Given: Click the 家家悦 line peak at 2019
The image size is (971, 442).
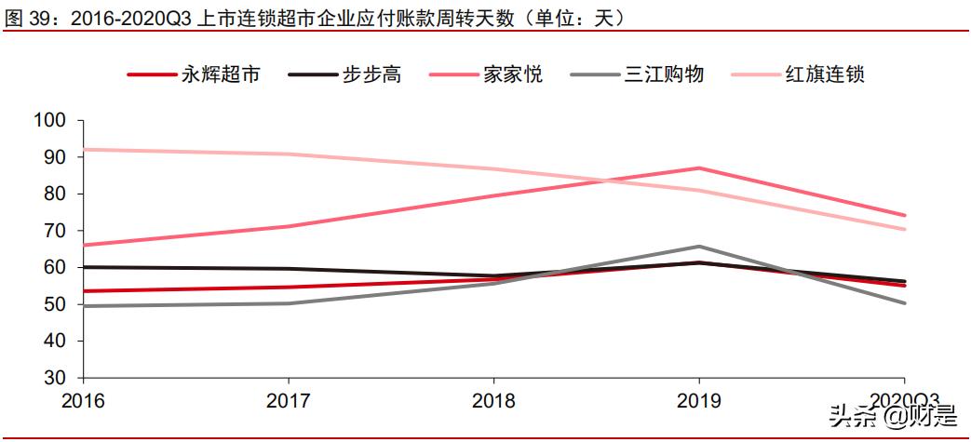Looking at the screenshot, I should click(699, 168).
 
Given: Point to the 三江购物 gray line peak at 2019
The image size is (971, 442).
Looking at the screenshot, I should click(699, 247).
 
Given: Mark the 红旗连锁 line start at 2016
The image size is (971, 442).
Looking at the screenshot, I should click(84, 150).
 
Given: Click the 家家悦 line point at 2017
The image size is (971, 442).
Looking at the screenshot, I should click(289, 226).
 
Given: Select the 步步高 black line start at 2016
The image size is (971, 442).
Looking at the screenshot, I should click(84, 267).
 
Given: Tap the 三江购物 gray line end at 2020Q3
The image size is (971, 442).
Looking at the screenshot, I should click(904, 302).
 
